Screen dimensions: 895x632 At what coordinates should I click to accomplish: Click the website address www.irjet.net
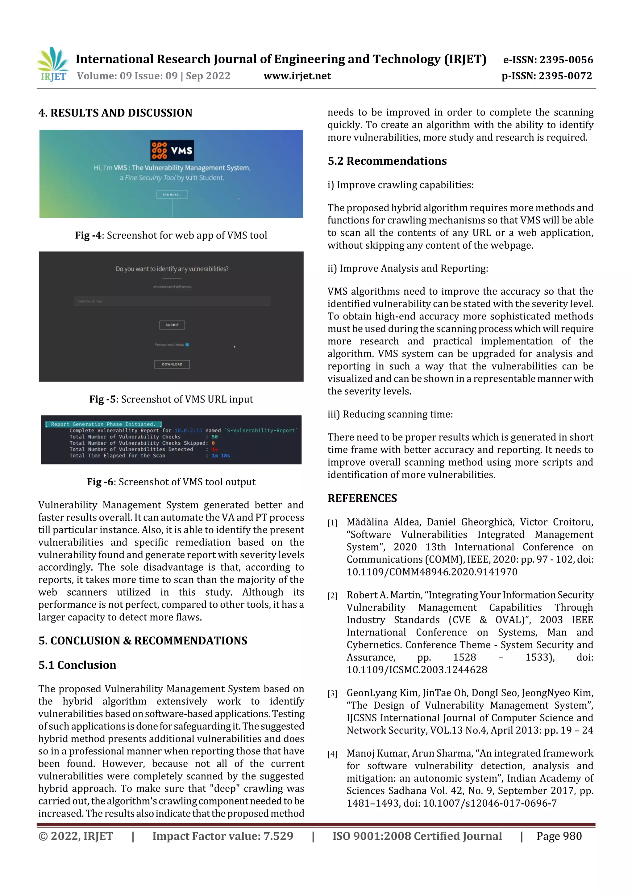[x=297, y=76]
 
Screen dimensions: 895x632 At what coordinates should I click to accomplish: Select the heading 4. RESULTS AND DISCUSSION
[x=115, y=113]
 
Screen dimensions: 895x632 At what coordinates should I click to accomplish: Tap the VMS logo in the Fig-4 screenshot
[x=172, y=150]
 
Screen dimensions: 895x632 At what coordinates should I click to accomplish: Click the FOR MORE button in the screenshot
[x=172, y=195]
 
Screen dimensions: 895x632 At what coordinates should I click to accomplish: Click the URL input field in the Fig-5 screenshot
[x=172, y=301]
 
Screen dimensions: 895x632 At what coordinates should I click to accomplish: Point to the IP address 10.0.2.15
[x=189, y=431]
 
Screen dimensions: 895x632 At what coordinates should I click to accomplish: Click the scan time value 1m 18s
[x=221, y=456]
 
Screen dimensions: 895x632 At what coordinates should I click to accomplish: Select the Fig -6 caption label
[x=100, y=482]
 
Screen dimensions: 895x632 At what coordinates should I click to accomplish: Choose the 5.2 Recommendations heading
[x=387, y=161]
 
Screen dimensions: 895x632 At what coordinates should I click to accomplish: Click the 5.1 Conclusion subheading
[x=77, y=665]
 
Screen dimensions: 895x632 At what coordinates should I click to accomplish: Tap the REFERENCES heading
[x=362, y=498]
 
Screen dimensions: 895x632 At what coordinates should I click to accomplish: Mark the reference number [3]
[x=332, y=694]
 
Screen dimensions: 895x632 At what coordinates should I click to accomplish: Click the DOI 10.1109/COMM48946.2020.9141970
[x=432, y=572]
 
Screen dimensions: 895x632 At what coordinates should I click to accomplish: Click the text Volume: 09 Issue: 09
[x=127, y=76]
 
